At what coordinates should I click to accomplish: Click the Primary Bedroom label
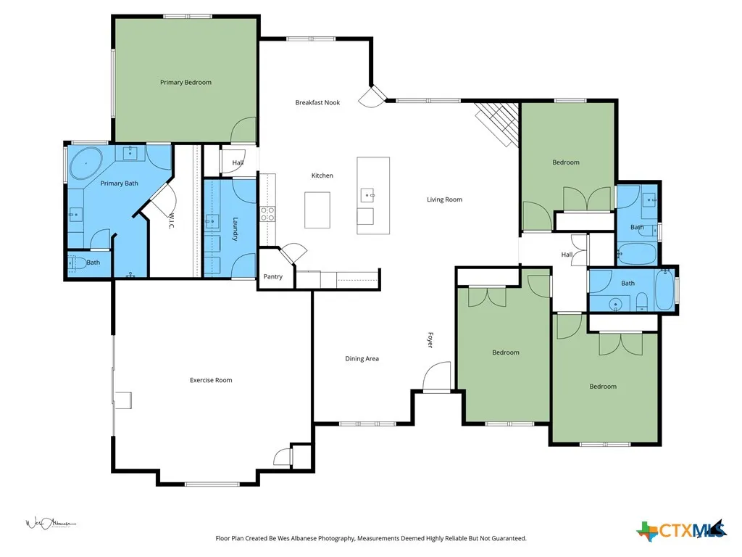tap(185, 83)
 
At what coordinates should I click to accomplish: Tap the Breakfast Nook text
tap(317, 102)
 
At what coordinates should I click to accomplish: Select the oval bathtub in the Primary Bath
tap(86, 163)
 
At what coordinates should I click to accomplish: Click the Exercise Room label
tap(211, 380)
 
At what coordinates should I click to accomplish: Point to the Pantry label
tap(273, 276)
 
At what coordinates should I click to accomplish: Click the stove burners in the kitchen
tap(267, 214)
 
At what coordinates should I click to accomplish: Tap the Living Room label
tap(444, 199)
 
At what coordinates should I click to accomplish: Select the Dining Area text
tap(362, 358)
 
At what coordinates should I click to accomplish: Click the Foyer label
tap(430, 340)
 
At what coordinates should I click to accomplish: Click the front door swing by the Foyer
tap(437, 377)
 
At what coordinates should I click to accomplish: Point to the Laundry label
tap(235, 229)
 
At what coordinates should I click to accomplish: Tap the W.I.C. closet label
tap(172, 221)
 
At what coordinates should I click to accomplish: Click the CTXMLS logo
tap(682, 530)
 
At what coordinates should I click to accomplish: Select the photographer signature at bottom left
tap(51, 524)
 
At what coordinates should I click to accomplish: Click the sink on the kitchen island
tap(367, 194)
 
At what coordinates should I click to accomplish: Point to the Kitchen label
tap(322, 176)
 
